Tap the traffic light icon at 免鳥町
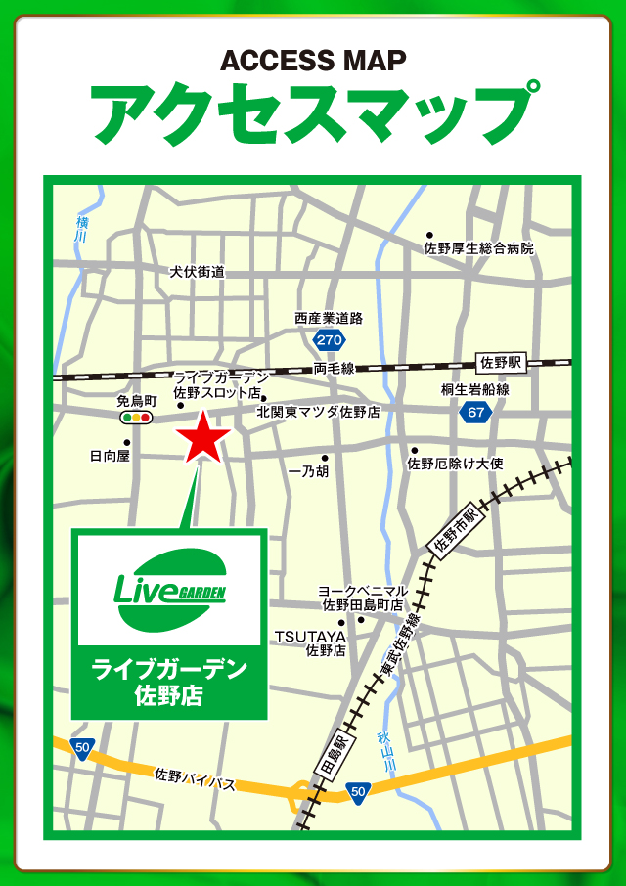(x=136, y=418)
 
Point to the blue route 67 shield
(x=476, y=413)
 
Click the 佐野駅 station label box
(x=501, y=363)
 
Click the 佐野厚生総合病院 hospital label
(x=479, y=249)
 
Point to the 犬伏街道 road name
(x=197, y=272)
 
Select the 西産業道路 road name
(x=329, y=319)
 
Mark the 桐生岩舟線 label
(x=474, y=389)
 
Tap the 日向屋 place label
(x=110, y=456)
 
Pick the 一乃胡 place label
(x=309, y=471)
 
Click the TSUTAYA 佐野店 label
(x=310, y=642)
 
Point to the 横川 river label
(x=82, y=230)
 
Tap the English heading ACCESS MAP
(x=313, y=61)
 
